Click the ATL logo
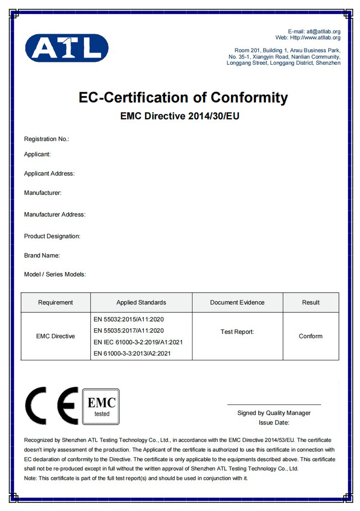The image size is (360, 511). (67, 48)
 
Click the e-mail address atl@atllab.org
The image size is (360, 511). (324, 32)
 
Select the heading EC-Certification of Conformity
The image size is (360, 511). (183, 98)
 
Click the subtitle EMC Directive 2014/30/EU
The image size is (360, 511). (180, 116)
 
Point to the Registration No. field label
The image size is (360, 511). (47, 139)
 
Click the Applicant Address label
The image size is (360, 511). (49, 174)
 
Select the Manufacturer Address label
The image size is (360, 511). (55, 214)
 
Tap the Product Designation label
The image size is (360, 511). (52, 236)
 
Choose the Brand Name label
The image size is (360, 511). (42, 256)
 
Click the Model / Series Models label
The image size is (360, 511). (55, 274)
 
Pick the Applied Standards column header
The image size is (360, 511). (141, 302)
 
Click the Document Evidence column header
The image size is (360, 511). (237, 302)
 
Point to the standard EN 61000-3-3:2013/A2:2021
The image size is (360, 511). (132, 354)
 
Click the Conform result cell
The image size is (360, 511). (311, 336)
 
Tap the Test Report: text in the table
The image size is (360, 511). (237, 332)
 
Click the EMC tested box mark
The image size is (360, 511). (101, 406)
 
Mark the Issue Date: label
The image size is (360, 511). (274, 423)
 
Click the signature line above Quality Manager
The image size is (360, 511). (274, 405)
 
